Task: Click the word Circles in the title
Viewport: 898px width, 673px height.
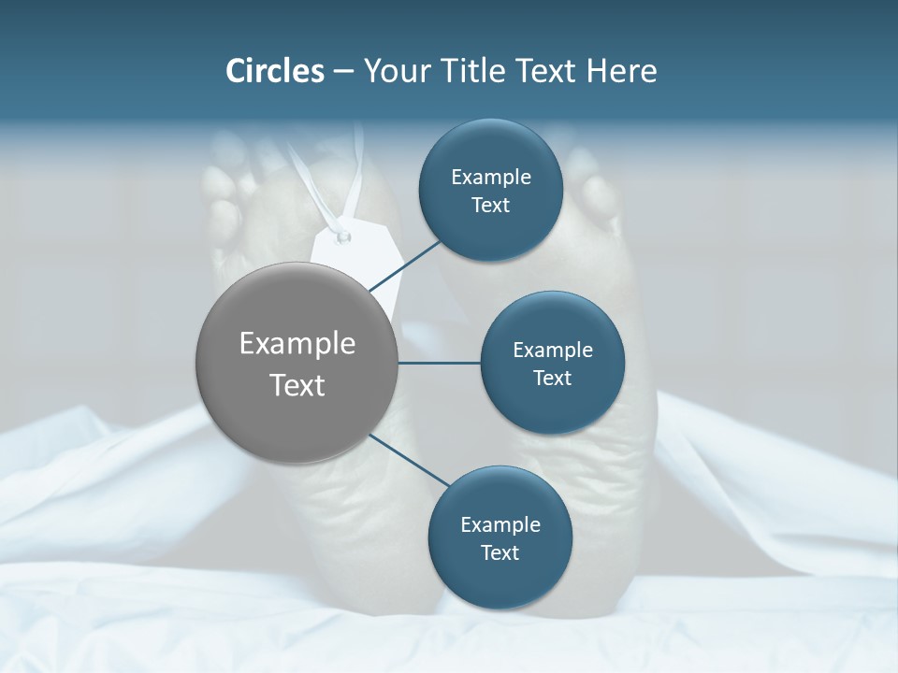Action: coord(274,71)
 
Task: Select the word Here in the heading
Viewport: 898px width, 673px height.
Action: coord(621,71)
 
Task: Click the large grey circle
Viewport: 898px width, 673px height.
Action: coord(297,363)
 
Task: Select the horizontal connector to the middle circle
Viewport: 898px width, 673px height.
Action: coord(440,363)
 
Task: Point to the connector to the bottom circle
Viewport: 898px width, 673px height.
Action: coord(410,461)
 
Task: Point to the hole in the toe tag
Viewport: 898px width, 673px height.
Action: coord(343,236)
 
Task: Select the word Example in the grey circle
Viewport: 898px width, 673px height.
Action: coord(297,344)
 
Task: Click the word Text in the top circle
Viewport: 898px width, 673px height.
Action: coord(491,206)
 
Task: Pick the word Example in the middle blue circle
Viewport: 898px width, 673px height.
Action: coord(553,350)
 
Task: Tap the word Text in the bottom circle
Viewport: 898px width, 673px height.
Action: coord(500,552)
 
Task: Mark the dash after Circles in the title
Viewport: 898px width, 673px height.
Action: coord(343,72)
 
